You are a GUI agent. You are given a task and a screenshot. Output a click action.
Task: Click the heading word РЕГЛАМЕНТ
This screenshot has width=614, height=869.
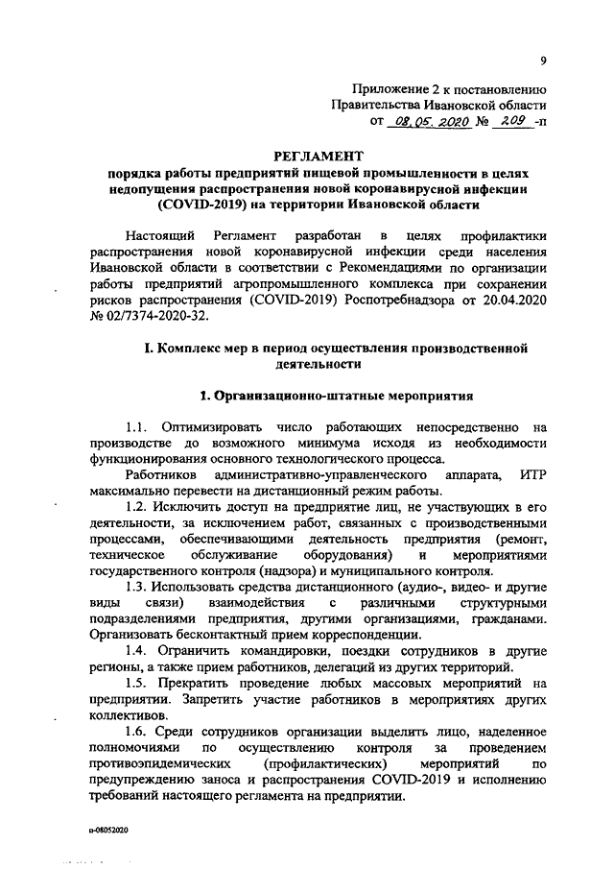(313, 154)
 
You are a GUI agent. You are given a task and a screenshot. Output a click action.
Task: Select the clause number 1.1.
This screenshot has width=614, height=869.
(136, 425)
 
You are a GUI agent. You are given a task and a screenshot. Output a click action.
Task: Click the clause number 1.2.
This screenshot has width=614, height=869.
(136, 505)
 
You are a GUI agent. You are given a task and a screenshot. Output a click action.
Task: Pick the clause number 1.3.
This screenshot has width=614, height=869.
(136, 585)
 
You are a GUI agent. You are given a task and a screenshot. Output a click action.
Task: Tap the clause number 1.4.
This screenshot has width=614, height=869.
(136, 650)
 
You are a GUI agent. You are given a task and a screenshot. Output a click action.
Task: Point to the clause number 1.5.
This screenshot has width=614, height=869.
(136, 683)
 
